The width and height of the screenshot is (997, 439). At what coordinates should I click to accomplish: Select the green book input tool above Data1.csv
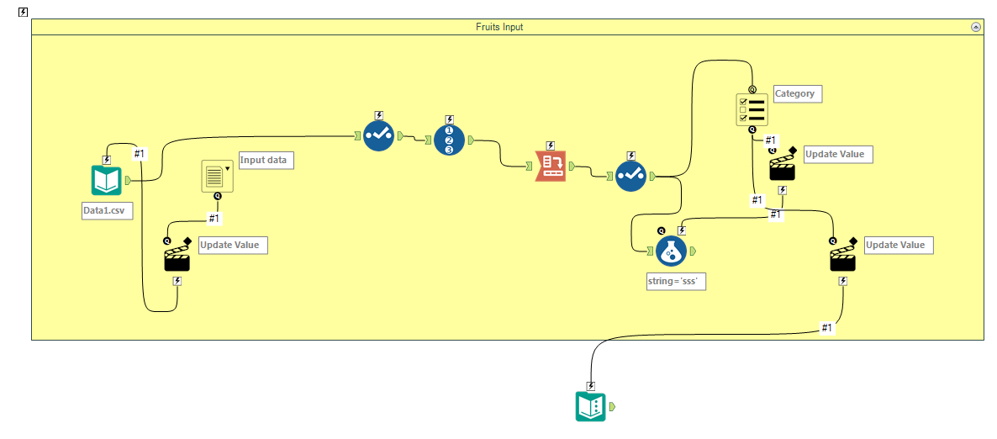[107, 180]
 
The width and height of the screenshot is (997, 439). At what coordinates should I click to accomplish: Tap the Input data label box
[266, 161]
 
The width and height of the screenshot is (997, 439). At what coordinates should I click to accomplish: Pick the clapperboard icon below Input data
[177, 258]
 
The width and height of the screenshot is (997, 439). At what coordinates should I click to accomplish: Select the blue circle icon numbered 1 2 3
[449, 139]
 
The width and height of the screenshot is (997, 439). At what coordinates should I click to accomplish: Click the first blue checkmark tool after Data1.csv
[378, 135]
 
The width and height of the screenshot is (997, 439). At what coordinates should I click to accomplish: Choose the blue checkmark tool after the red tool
[630, 176]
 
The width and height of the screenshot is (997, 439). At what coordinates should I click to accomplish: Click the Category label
[795, 94]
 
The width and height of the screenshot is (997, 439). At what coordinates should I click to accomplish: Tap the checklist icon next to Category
[752, 109]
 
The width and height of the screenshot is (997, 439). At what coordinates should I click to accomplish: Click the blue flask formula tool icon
[670, 251]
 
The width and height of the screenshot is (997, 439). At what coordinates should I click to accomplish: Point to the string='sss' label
[676, 282]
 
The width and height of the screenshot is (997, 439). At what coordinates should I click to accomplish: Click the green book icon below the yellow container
[590, 407]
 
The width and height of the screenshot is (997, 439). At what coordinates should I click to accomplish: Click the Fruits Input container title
[498, 27]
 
